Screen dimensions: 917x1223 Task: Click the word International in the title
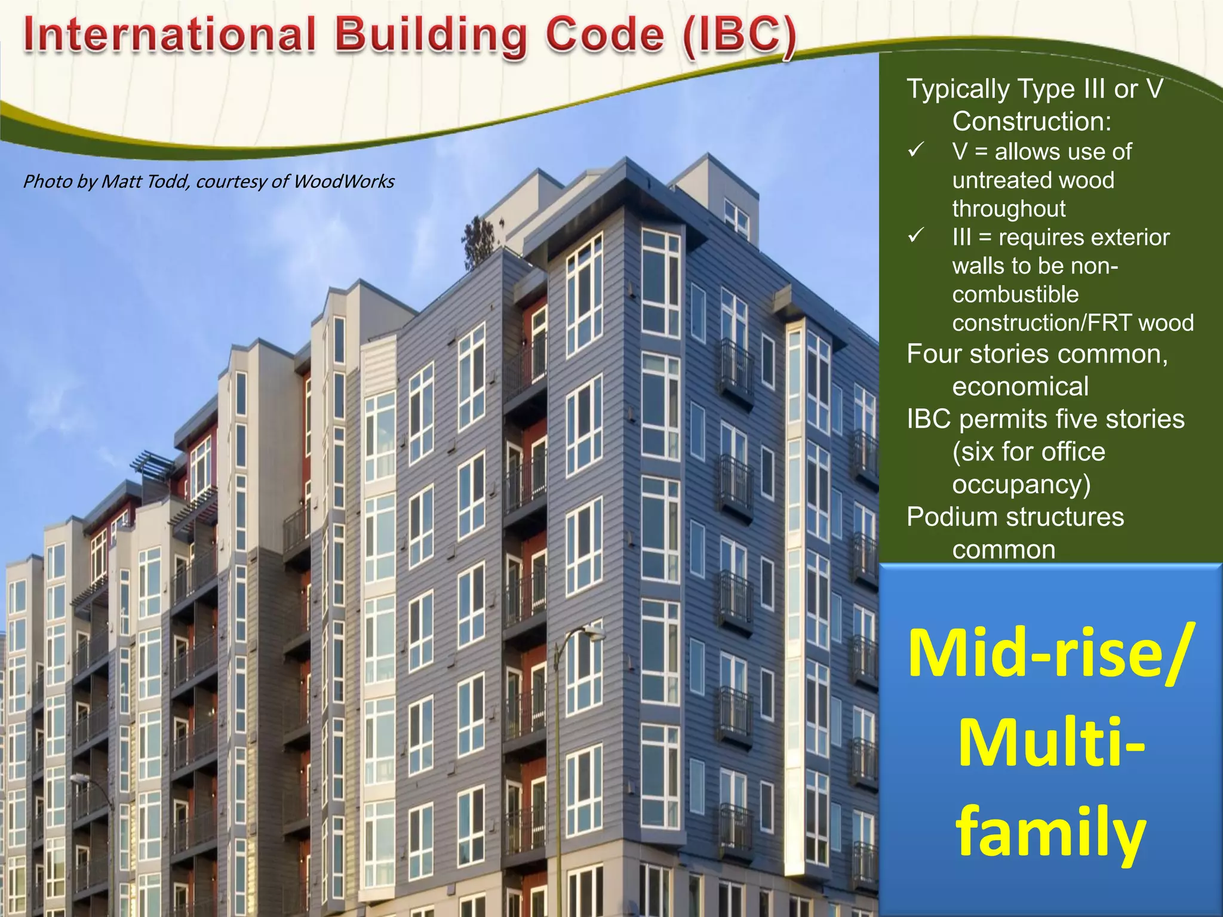(170, 35)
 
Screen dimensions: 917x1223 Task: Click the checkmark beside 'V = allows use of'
(915, 150)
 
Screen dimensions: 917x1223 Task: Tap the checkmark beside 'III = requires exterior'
(915, 235)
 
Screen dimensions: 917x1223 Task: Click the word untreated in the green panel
(1033, 180)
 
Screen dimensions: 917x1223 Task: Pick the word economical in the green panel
(1020, 387)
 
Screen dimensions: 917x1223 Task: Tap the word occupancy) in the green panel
(1021, 484)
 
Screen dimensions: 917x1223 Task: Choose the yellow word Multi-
(1051, 743)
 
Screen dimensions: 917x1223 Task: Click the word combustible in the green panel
(1015, 294)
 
